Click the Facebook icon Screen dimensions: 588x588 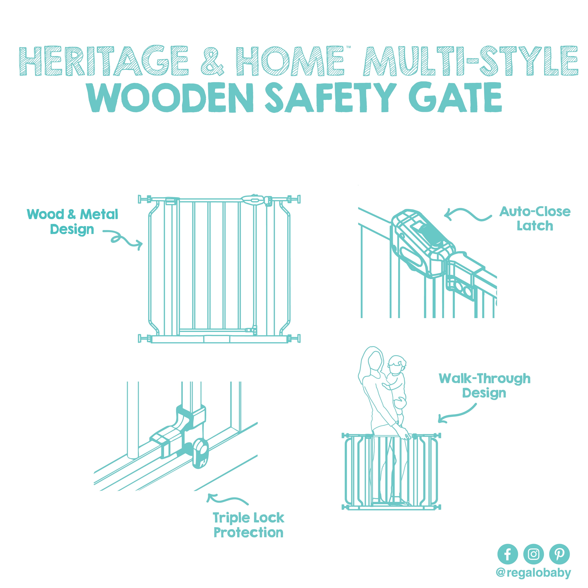pos(508,554)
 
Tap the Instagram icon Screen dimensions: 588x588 pos(534,554)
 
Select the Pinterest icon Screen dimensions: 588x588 pos(559,554)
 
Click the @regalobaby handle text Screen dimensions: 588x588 pos(533,573)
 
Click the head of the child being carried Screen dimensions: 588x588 pos(397,365)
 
